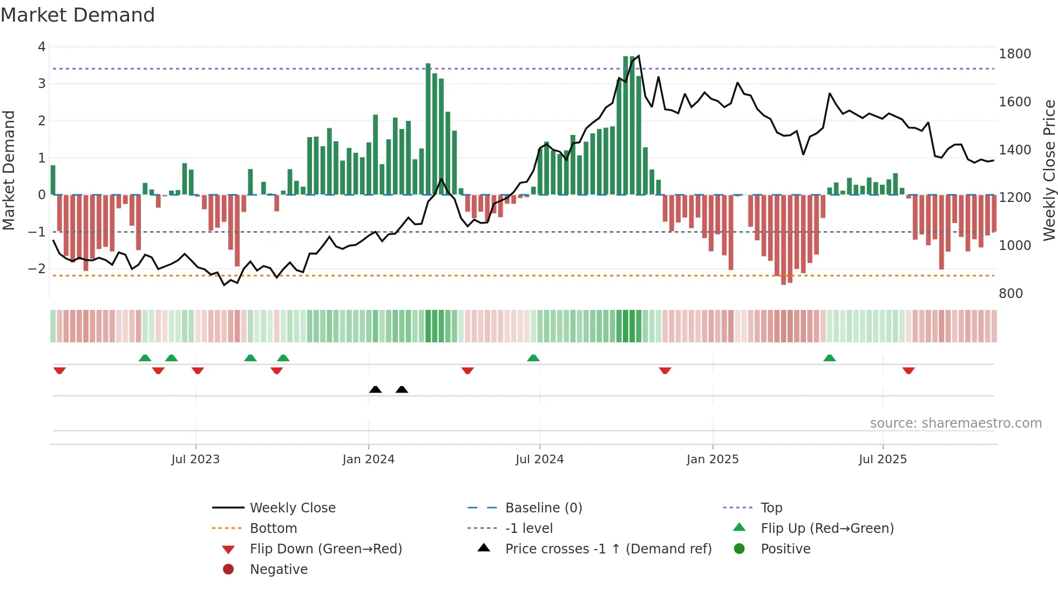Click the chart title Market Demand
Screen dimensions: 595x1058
point(78,15)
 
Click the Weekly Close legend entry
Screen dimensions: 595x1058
point(292,508)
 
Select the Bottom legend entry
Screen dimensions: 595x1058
point(273,528)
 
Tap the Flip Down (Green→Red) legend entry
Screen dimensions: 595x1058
point(325,549)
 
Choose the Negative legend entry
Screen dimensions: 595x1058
point(279,569)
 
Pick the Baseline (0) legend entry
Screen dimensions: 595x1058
point(543,508)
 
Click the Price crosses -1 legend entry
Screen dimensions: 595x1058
point(608,549)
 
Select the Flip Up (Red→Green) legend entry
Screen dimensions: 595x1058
point(827,528)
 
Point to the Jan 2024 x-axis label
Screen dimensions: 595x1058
point(368,459)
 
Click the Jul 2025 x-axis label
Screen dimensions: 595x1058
point(883,459)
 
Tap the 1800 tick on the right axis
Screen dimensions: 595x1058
point(1014,54)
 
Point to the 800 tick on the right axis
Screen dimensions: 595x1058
point(1010,293)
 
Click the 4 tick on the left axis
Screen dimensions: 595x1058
point(42,47)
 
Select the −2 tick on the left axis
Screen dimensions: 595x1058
point(37,268)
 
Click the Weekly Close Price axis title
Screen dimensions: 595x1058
point(1049,170)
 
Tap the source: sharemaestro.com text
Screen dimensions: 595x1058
point(955,423)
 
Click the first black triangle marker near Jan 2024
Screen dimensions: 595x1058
point(375,389)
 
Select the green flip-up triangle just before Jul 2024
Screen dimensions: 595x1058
point(533,358)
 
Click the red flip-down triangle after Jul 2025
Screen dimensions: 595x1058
point(908,370)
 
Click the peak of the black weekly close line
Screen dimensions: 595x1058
point(639,56)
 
